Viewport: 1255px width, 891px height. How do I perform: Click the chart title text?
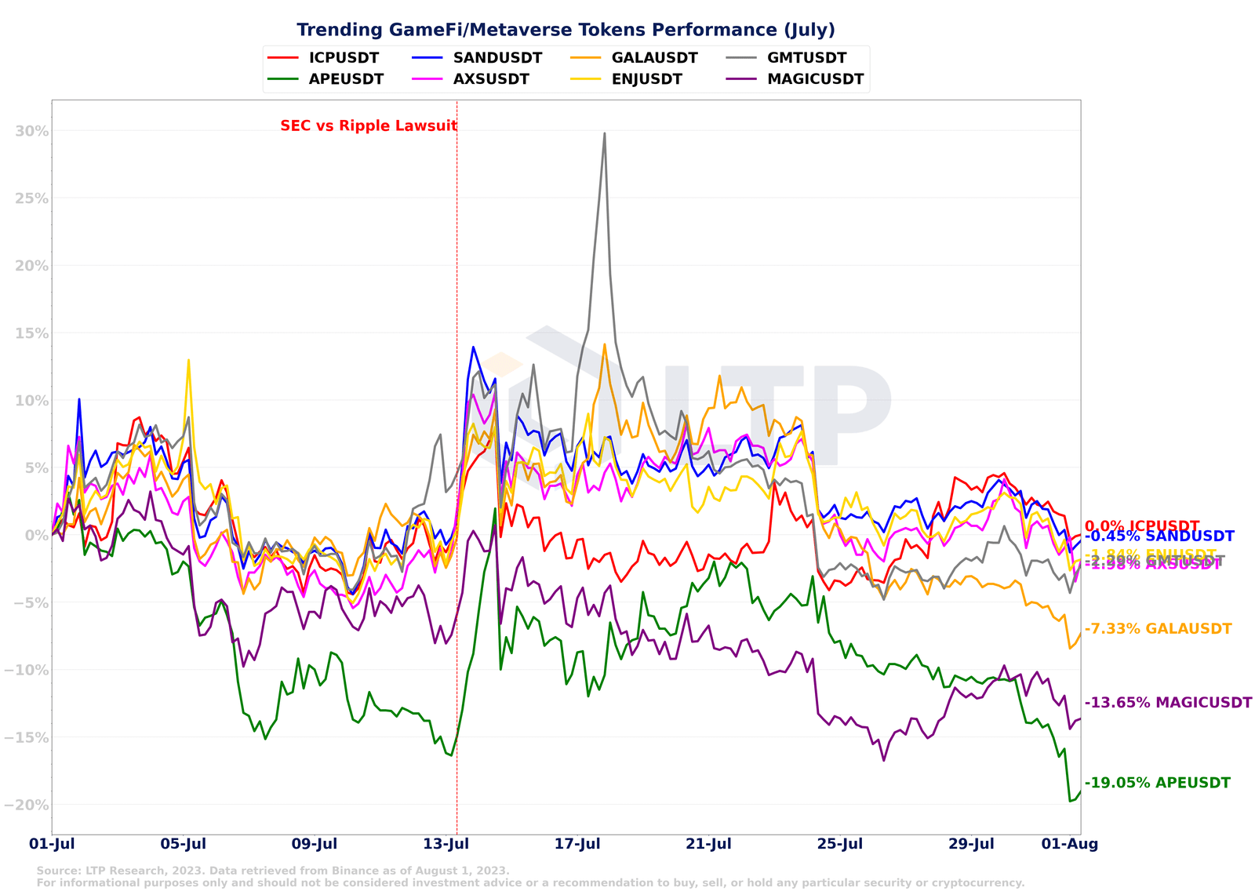pos(566,30)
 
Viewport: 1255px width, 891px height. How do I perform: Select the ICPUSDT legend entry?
pos(344,58)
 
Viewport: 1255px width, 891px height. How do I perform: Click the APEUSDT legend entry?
pos(346,79)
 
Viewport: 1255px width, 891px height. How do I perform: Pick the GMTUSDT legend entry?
pos(806,58)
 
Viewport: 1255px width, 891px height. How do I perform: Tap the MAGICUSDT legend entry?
pos(815,79)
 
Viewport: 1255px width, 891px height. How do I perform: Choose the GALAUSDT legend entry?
pos(654,58)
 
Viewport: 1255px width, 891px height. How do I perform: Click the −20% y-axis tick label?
pos(26,805)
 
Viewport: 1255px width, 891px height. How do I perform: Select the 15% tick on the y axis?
pos(31,333)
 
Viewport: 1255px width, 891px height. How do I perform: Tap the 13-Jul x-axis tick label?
pos(446,844)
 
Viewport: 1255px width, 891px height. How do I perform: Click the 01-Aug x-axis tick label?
pos(1069,844)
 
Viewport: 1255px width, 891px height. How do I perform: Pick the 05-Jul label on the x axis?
pos(183,844)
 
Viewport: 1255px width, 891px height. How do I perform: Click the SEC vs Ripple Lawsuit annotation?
pos(369,125)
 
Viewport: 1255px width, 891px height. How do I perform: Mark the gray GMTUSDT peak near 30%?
pos(604,133)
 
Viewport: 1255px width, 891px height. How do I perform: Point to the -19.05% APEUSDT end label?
pos(1158,783)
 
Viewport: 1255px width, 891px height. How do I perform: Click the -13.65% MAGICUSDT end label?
pos(1168,703)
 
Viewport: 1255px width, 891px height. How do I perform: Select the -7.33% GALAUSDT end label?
pos(1158,629)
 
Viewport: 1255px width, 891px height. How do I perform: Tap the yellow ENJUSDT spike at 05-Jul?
pos(188,360)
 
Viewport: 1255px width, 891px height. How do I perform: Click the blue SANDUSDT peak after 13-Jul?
pos(473,347)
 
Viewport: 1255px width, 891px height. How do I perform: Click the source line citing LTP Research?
pos(273,871)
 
